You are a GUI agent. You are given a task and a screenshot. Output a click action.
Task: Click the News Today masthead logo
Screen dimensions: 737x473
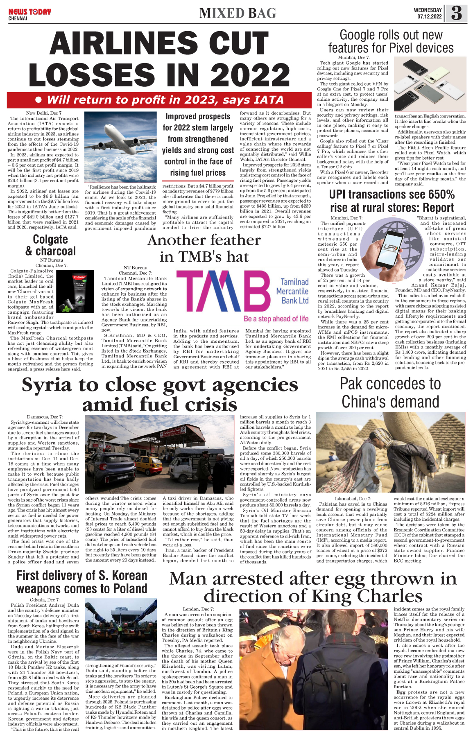[x=29, y=12]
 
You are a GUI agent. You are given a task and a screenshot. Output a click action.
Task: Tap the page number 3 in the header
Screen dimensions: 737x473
[x=456, y=14]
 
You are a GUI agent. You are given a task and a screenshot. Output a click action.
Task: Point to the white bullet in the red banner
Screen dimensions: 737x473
[x=39, y=99]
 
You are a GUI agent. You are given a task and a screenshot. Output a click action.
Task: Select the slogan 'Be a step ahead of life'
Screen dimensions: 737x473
[x=276, y=319]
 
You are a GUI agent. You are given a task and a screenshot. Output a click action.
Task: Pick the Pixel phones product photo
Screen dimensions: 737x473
[x=430, y=84]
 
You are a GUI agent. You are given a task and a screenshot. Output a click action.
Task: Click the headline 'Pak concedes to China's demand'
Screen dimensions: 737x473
[x=390, y=393]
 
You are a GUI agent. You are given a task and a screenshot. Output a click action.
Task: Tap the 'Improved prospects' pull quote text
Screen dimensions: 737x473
[x=198, y=145]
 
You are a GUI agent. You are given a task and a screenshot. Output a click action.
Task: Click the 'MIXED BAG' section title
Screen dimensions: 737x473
[x=238, y=14]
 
